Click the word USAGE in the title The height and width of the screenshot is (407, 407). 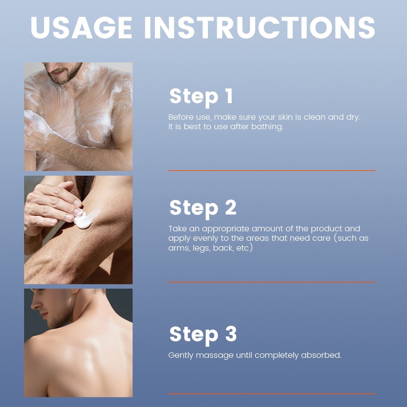point(81,28)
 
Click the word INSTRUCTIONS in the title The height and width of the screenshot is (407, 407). point(259,28)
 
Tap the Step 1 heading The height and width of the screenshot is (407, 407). point(201,97)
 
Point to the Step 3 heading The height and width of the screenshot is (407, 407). point(203,335)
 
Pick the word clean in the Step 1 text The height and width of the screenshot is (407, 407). point(314,117)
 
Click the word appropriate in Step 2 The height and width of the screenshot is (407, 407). point(225,229)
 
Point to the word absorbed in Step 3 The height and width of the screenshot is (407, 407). point(321,355)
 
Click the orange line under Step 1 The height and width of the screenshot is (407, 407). point(271,171)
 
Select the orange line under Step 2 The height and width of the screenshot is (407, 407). point(271,282)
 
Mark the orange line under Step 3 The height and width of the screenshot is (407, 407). point(271,393)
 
